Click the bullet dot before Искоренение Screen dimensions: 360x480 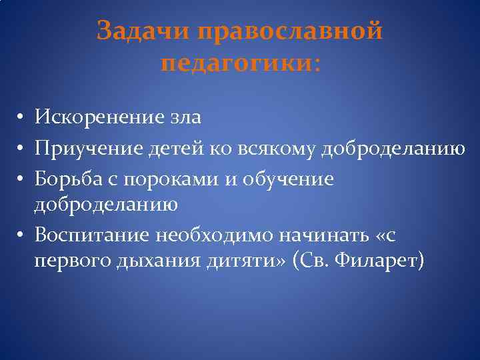tap(21, 119)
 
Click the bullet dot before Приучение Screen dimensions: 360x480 tap(21, 149)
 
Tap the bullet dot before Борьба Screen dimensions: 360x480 tap(21, 179)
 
